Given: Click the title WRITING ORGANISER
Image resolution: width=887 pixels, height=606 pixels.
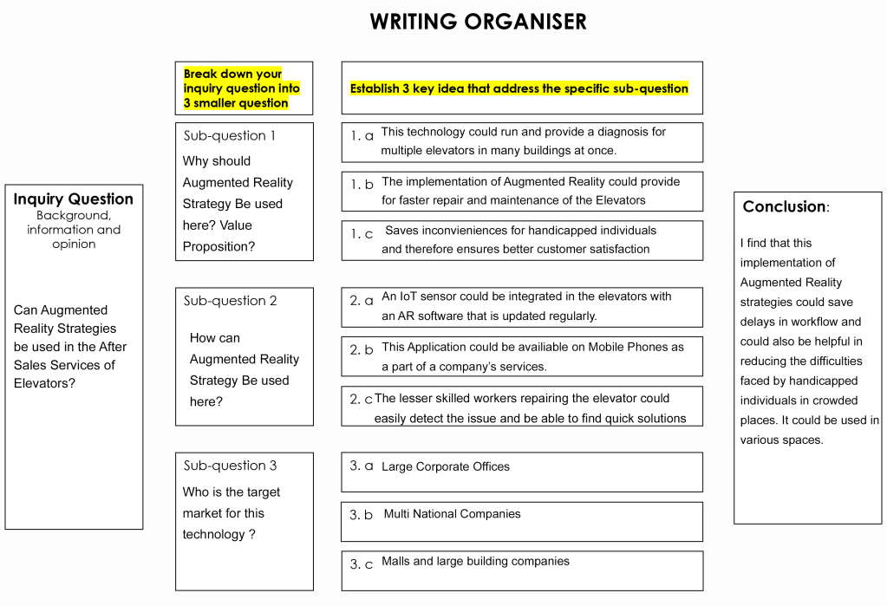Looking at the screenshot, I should point(478,22).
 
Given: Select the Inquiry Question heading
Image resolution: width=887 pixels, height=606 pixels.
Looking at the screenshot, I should point(74,199).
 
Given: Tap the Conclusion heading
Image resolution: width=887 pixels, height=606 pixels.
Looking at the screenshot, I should point(785,207).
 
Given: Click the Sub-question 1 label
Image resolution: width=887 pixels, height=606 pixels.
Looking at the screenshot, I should point(230,136).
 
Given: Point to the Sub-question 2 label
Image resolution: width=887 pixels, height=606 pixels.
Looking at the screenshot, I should point(230,301).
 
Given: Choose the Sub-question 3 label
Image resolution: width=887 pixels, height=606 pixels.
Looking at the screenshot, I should point(230,466).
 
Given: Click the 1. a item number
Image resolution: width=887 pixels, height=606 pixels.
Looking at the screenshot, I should point(362,136).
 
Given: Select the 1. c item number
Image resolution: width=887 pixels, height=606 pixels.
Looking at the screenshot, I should point(362,234).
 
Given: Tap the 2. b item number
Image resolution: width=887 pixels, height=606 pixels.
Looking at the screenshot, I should point(362,350).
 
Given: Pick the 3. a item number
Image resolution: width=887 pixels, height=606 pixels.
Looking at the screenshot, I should point(362,466).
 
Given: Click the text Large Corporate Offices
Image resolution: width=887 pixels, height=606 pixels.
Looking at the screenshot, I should point(446,466).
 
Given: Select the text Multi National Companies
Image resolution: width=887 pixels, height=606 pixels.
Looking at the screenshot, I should point(453,514).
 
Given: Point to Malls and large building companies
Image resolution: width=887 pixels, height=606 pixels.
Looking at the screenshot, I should point(475,561).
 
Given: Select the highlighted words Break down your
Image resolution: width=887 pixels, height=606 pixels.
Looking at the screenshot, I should point(232,75).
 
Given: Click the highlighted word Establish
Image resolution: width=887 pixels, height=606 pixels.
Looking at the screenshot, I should point(375,88).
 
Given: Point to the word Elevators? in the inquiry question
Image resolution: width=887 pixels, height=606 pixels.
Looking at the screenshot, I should point(44,383).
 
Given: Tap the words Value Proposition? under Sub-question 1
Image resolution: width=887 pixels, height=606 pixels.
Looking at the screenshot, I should point(218,236).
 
